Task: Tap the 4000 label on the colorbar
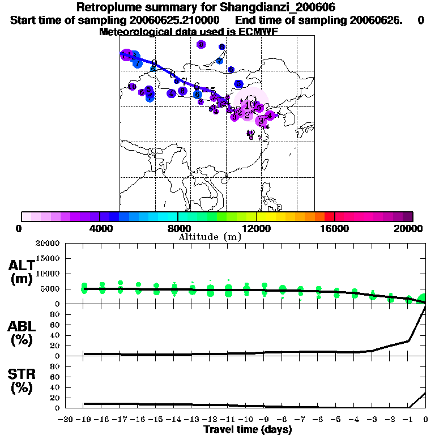(100, 228)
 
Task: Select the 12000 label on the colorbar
(257, 228)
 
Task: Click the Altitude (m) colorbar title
(210, 237)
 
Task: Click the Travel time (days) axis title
(248, 429)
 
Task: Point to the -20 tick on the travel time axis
(66, 420)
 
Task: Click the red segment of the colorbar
(329, 216)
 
